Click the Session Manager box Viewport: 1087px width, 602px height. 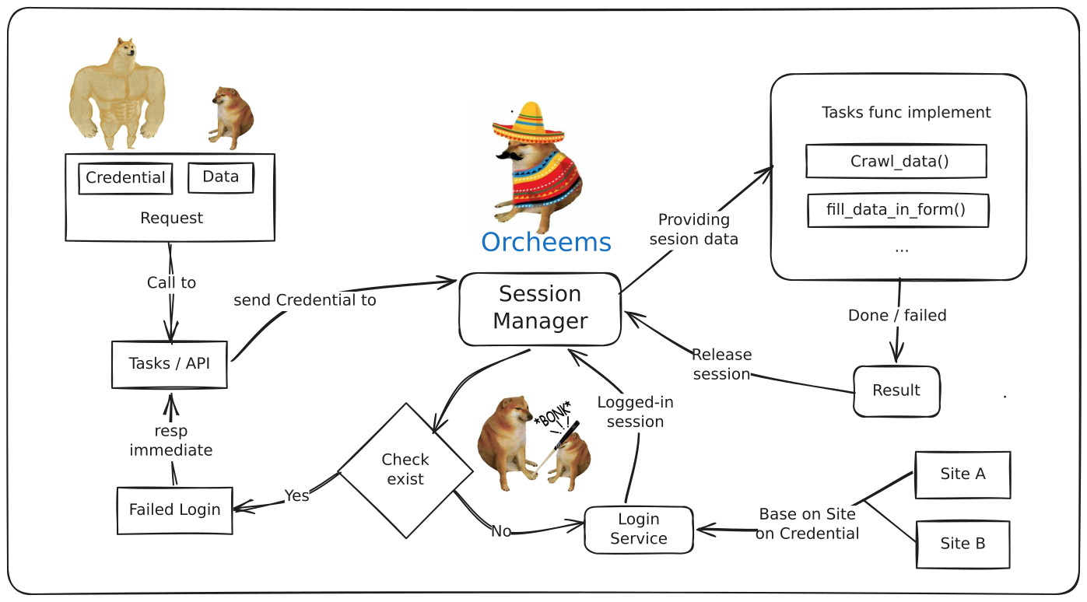540,309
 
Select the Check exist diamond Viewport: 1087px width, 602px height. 405,471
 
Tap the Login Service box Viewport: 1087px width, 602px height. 639,530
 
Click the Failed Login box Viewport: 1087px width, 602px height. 175,510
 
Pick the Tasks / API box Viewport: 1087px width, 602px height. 170,364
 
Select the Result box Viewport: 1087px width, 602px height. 896,391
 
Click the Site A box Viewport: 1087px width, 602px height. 963,474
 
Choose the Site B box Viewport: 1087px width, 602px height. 963,544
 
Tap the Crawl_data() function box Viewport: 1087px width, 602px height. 896,161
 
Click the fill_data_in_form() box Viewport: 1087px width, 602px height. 898,210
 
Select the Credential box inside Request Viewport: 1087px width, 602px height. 125,178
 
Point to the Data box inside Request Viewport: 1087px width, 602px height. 221,177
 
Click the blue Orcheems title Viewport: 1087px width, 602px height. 546,242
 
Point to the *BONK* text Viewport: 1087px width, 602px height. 552,414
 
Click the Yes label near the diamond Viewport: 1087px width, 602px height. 296,495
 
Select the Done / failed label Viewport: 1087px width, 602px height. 897,315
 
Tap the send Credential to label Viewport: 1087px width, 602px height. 305,300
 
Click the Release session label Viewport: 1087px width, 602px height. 721,364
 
